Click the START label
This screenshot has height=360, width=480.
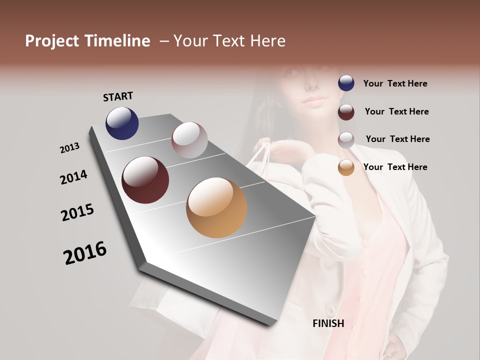point(118,96)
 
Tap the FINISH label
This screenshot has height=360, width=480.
point(328,323)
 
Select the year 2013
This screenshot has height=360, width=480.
point(70,148)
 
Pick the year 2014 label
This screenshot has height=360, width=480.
point(74,177)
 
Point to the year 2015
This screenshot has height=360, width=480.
point(77,212)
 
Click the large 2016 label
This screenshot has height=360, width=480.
point(85,253)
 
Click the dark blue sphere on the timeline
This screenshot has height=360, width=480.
point(122,123)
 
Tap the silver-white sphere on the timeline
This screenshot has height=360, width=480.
point(189,140)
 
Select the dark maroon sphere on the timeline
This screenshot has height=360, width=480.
point(145,180)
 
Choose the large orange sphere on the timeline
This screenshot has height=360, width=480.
point(216,207)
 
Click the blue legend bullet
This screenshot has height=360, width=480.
point(346,83)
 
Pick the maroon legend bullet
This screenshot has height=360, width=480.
point(346,112)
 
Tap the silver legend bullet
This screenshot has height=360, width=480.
point(346,140)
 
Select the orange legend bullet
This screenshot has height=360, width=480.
point(346,168)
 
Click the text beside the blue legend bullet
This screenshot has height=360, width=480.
point(395,83)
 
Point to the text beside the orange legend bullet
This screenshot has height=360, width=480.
point(395,167)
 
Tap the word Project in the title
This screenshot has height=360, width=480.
point(52,41)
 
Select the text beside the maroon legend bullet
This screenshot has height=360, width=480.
point(397,111)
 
